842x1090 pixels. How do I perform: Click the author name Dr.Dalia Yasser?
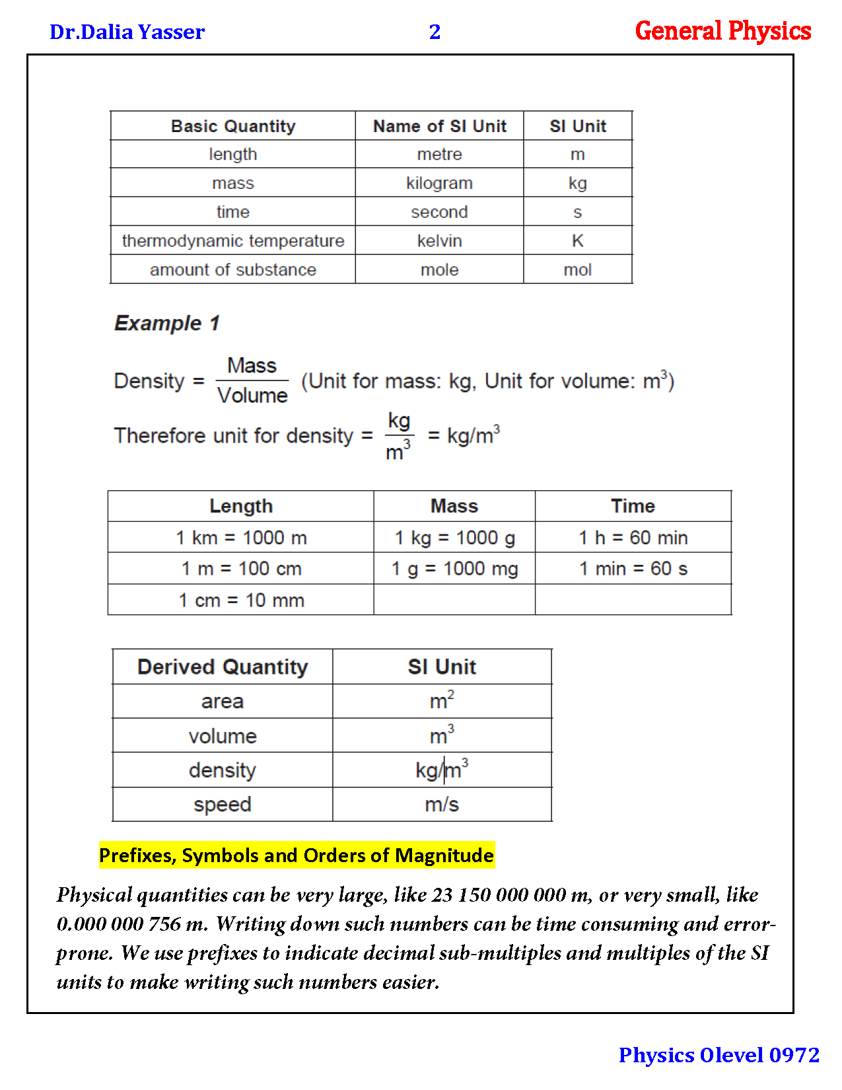127,32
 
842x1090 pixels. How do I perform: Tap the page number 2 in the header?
435,32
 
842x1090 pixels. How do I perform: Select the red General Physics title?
722,31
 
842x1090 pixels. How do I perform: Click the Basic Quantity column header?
233,126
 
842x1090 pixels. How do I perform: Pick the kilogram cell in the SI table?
439,183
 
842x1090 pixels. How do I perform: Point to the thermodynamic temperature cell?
233,240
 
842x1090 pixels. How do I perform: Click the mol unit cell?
577,270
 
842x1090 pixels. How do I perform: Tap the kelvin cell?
439,240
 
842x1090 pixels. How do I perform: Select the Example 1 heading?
166,323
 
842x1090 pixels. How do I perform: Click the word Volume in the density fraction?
252,395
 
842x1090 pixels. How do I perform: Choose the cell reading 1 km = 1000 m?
241,538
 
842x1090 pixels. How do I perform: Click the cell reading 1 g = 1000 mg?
454,569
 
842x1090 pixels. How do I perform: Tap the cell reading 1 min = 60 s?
633,569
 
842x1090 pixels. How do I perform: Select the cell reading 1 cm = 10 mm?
241,600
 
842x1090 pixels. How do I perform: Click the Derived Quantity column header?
223,667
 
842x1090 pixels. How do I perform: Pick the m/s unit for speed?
442,805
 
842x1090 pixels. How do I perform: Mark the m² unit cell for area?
442,701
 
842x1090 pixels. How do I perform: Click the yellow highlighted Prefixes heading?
297,855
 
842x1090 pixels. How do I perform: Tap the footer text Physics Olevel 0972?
719,1055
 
